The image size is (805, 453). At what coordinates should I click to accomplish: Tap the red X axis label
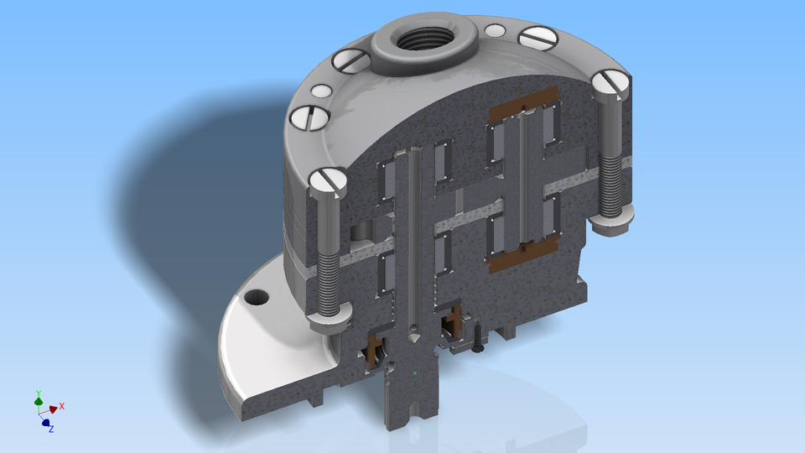point(62,406)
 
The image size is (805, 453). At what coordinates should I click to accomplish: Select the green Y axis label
point(39,393)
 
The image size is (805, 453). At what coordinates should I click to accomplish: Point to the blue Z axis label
point(51,429)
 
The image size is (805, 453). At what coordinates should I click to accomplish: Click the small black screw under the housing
point(478,340)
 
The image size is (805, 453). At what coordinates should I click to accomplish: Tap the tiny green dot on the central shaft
point(415,371)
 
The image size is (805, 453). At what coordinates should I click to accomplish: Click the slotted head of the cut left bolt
point(327,182)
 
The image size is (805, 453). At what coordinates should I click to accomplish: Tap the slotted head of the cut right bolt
point(610,84)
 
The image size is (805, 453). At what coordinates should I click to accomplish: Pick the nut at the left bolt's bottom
point(328,319)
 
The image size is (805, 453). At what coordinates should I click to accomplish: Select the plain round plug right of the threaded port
point(496,31)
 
